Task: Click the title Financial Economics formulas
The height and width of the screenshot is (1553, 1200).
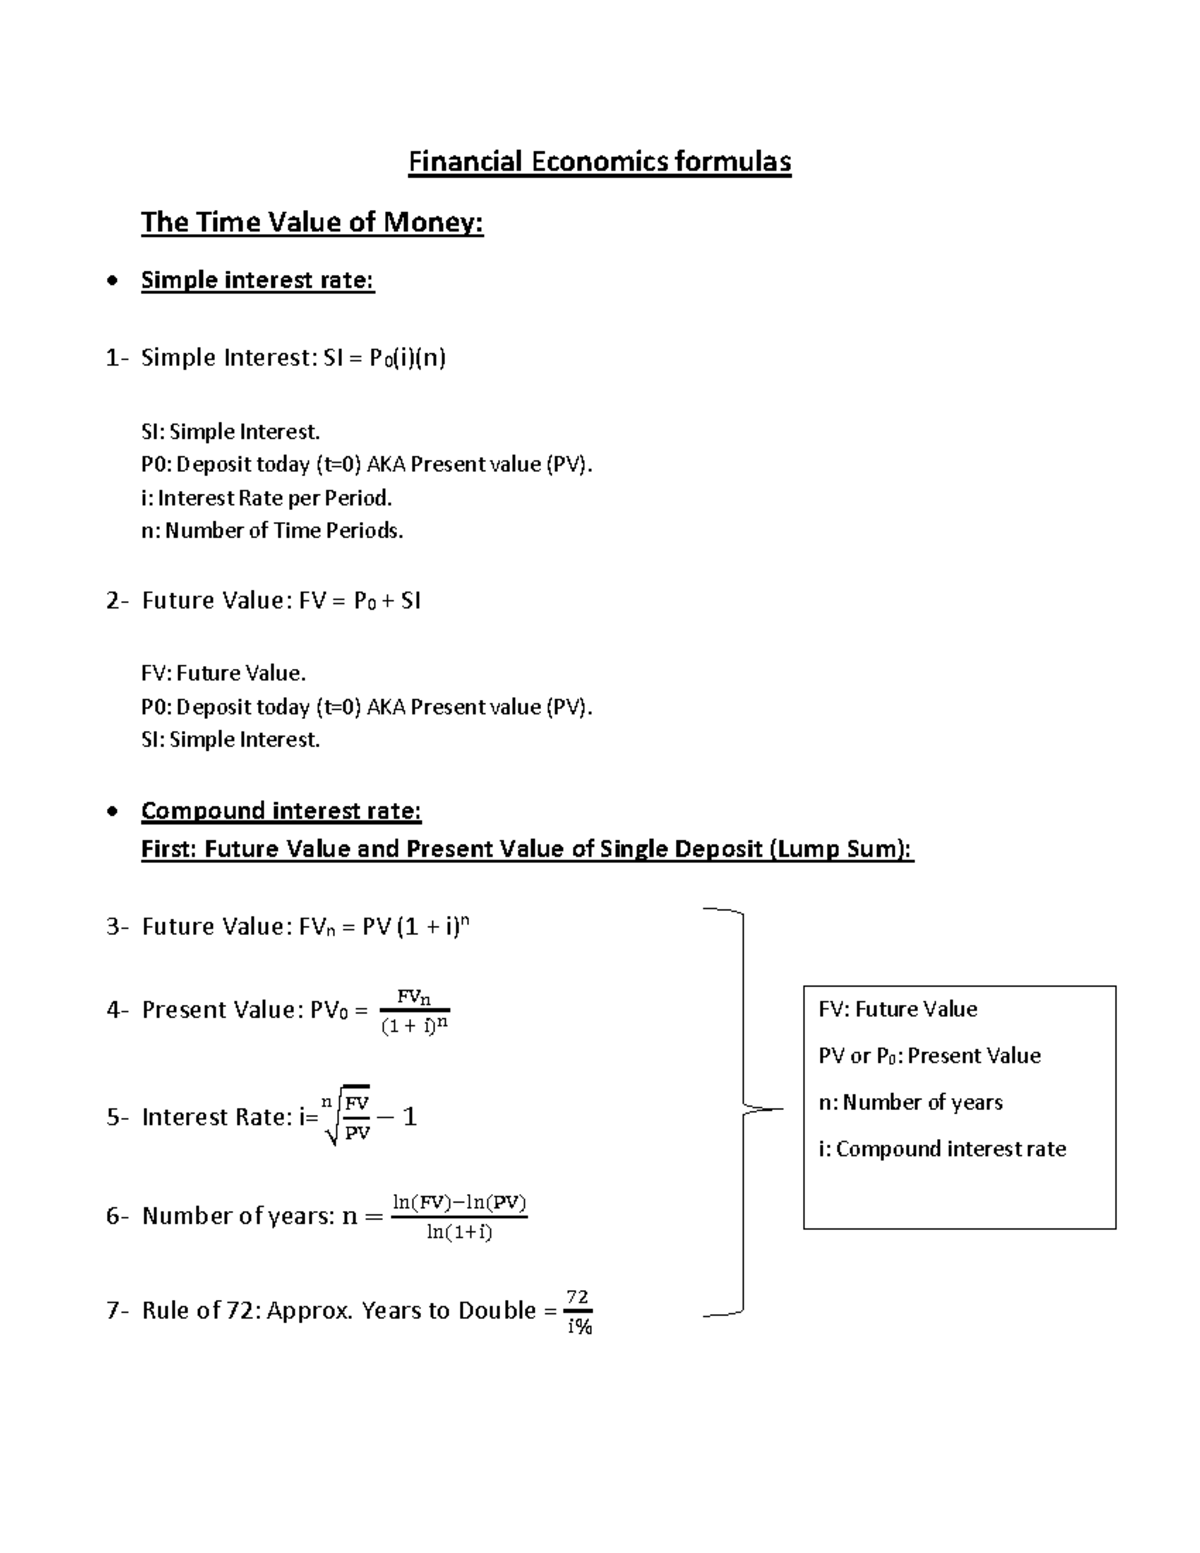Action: coord(599,162)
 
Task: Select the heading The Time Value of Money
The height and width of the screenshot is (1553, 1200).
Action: coord(312,222)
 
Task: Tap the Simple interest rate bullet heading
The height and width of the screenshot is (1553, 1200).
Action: coord(257,280)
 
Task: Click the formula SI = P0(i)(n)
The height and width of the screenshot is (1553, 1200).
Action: coord(385,358)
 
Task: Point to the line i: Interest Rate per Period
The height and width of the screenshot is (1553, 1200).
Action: coord(266,497)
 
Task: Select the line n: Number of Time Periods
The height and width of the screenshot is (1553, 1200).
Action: coord(272,530)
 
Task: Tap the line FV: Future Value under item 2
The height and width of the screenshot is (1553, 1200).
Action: coord(223,673)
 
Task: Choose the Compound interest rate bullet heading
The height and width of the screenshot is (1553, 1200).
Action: coord(281,810)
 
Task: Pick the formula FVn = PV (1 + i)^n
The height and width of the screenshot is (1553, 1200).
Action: coord(384,927)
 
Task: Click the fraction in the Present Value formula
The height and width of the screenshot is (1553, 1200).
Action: coord(415,1010)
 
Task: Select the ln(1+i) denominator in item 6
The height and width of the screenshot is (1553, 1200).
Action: coord(459,1232)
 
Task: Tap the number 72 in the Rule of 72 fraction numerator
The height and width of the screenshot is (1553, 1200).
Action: coord(578,1297)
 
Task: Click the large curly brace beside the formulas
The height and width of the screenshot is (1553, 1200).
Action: coord(742,1110)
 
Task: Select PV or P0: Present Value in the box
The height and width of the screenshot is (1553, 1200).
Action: coord(929,1056)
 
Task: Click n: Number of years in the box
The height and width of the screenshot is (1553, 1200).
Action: coord(910,1102)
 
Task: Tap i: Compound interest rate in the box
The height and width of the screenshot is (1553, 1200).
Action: coord(942,1149)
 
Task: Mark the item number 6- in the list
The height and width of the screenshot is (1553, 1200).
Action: coord(118,1216)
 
